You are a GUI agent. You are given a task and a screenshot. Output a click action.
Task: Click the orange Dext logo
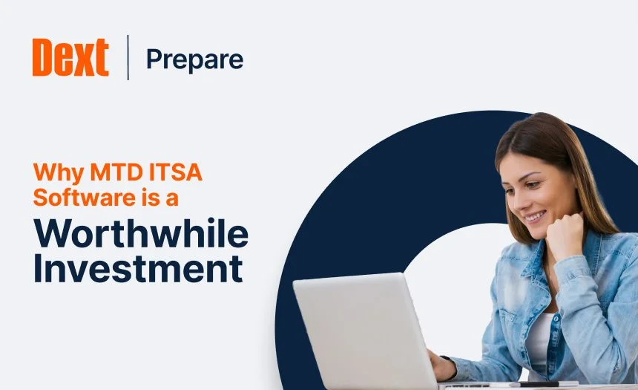coord(70,57)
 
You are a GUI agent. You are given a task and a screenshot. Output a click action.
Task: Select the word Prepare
coord(194,59)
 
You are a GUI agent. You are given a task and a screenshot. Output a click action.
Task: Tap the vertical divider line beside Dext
coord(128,57)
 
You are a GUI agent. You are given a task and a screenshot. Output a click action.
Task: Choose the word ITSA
coord(176,175)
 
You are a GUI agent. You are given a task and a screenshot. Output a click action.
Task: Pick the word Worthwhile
coord(141,234)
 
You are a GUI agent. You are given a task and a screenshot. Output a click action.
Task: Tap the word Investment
coord(139,268)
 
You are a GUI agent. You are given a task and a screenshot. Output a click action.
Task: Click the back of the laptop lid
coord(364,327)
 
